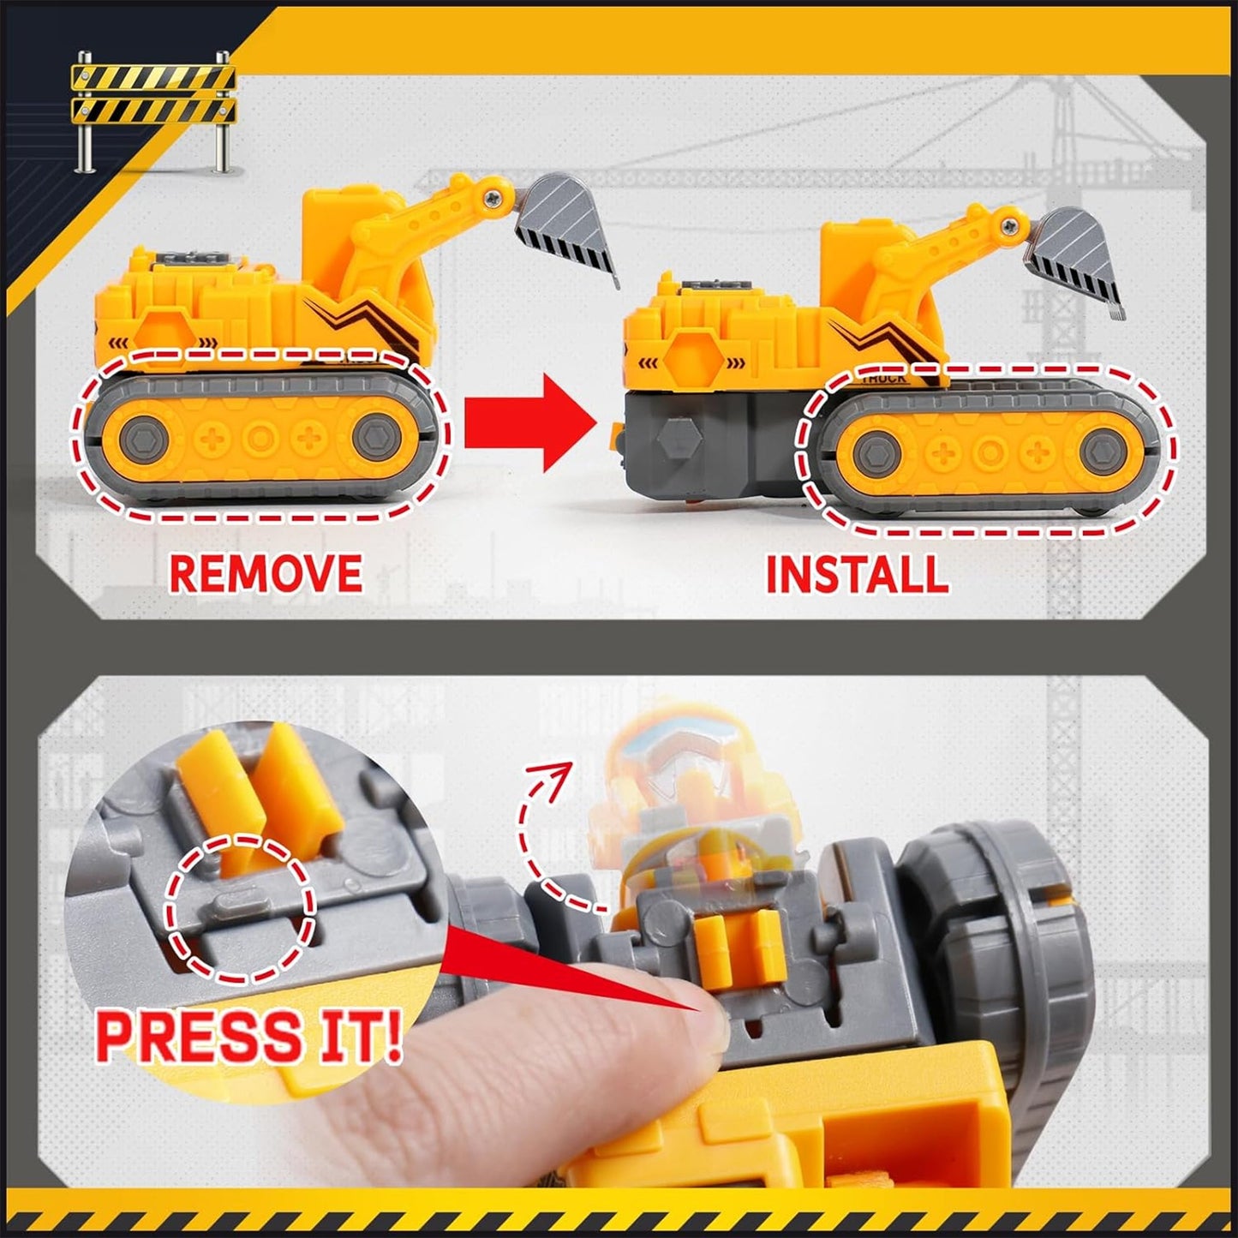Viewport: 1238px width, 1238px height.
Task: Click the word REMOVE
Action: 266,573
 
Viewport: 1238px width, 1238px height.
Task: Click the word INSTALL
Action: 857,574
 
